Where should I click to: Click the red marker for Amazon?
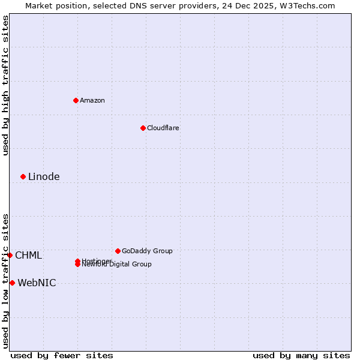click(x=76, y=100)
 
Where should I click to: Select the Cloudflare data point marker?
click(x=143, y=128)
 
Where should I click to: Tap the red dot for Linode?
click(x=23, y=176)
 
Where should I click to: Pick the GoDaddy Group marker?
click(x=118, y=251)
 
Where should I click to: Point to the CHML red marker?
click(x=10, y=255)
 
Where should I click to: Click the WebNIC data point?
click(x=12, y=283)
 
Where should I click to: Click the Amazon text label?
click(x=92, y=100)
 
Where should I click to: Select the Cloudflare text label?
click(x=163, y=128)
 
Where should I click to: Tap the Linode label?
click(x=44, y=176)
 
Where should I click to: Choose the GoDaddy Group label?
click(x=147, y=251)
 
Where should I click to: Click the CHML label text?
click(x=28, y=255)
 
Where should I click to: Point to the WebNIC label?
click(x=37, y=283)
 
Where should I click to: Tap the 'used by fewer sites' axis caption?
click(x=62, y=355)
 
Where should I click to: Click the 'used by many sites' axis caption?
click(x=301, y=355)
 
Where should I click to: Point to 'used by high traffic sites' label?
click(x=5, y=85)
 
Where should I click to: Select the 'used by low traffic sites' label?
click(x=5, y=281)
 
